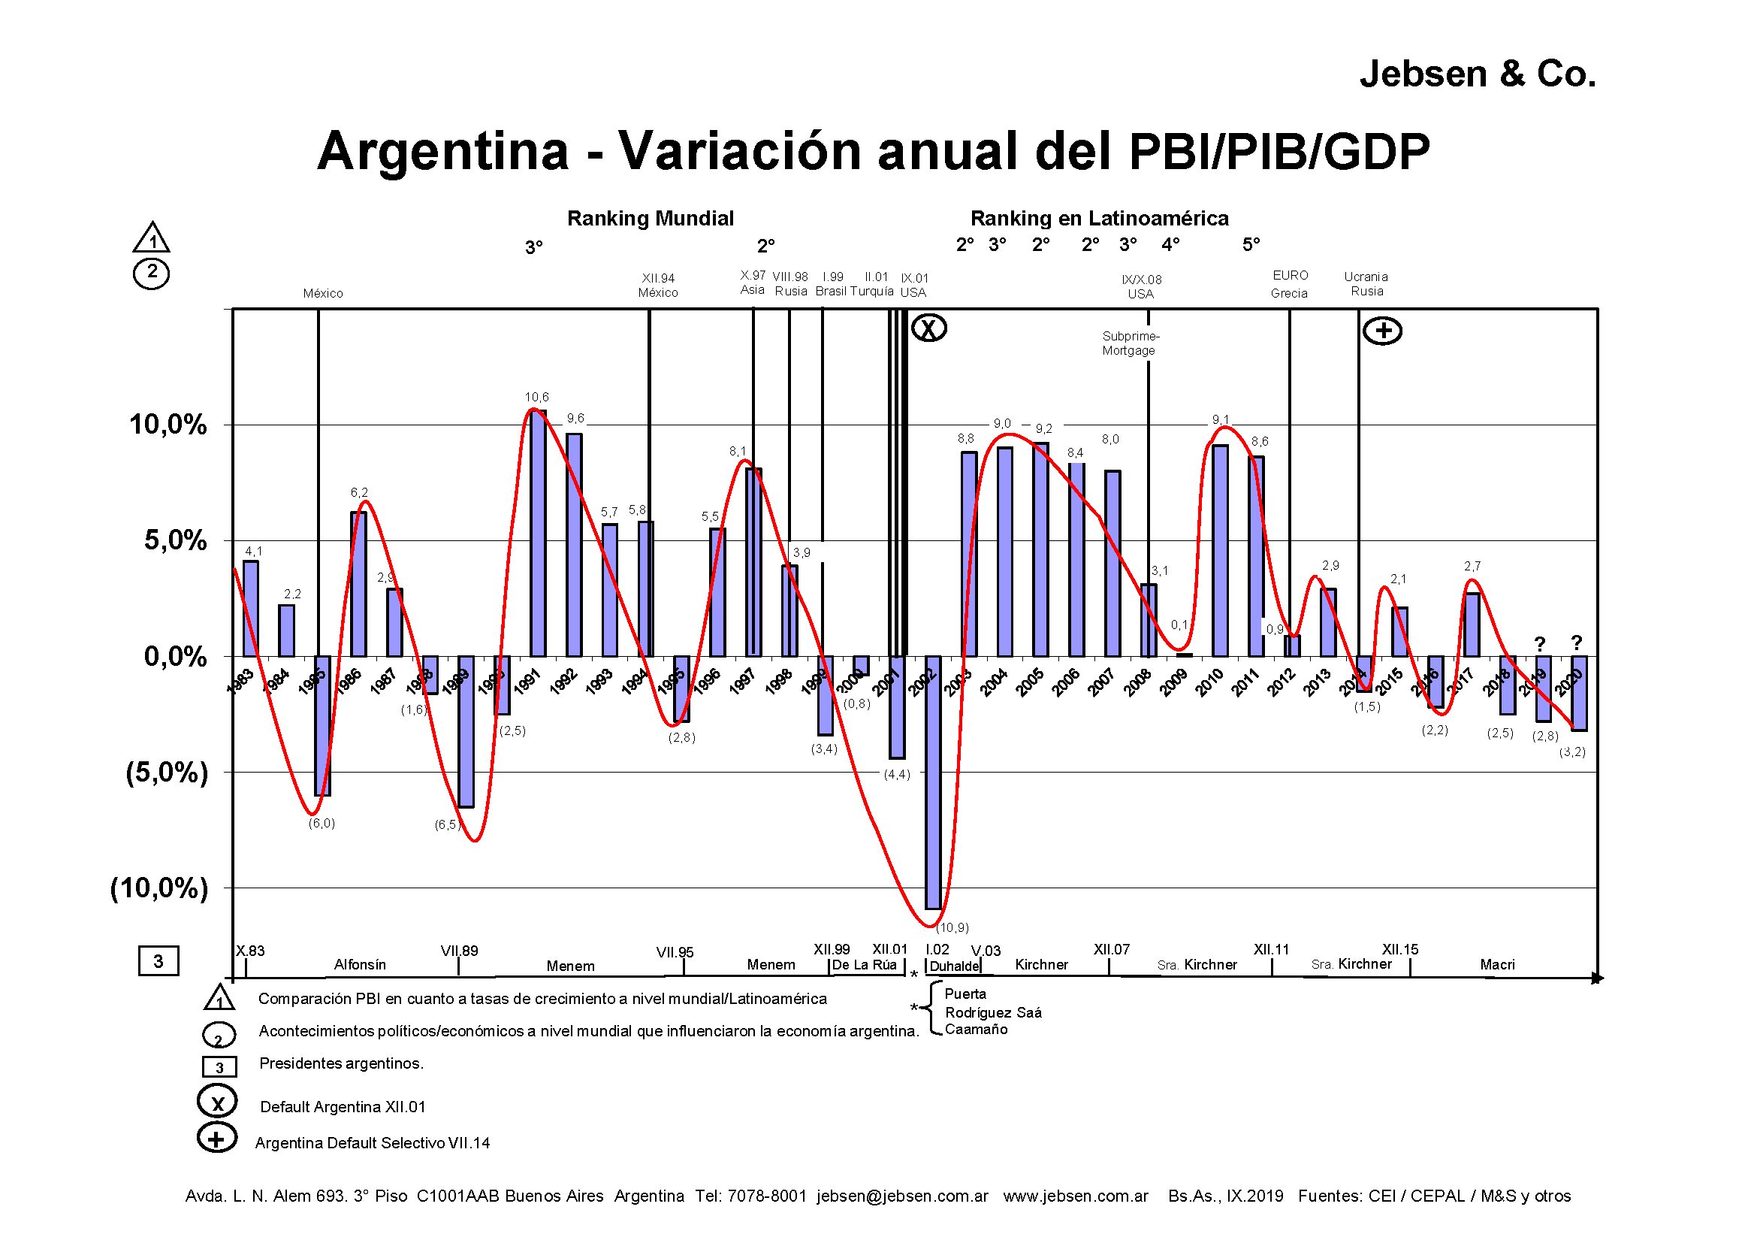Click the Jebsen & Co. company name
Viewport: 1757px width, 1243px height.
(x=1477, y=74)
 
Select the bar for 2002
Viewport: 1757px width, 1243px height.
(x=933, y=781)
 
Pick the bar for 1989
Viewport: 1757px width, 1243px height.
(x=465, y=731)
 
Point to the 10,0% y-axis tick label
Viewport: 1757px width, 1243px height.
(x=168, y=425)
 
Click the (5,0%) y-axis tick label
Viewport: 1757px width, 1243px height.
(x=167, y=773)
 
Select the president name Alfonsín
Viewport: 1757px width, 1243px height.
(x=360, y=965)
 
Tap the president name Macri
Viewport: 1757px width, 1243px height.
(x=1497, y=965)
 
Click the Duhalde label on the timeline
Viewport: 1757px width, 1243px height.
(x=953, y=966)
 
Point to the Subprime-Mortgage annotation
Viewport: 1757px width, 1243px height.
(x=1131, y=343)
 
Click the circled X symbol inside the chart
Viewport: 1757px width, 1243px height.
(x=929, y=328)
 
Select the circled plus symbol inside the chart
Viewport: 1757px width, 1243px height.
(x=1382, y=331)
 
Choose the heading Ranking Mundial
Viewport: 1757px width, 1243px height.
(x=650, y=219)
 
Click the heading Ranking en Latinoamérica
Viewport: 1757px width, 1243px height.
(x=1099, y=219)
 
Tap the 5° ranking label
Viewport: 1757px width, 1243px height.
(x=1251, y=245)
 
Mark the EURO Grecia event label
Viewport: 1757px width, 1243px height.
(x=1290, y=284)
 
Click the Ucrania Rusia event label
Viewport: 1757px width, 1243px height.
(x=1366, y=284)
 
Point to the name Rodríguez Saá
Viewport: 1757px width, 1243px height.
(x=992, y=1012)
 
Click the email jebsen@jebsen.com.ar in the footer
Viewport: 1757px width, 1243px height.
(x=902, y=1196)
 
